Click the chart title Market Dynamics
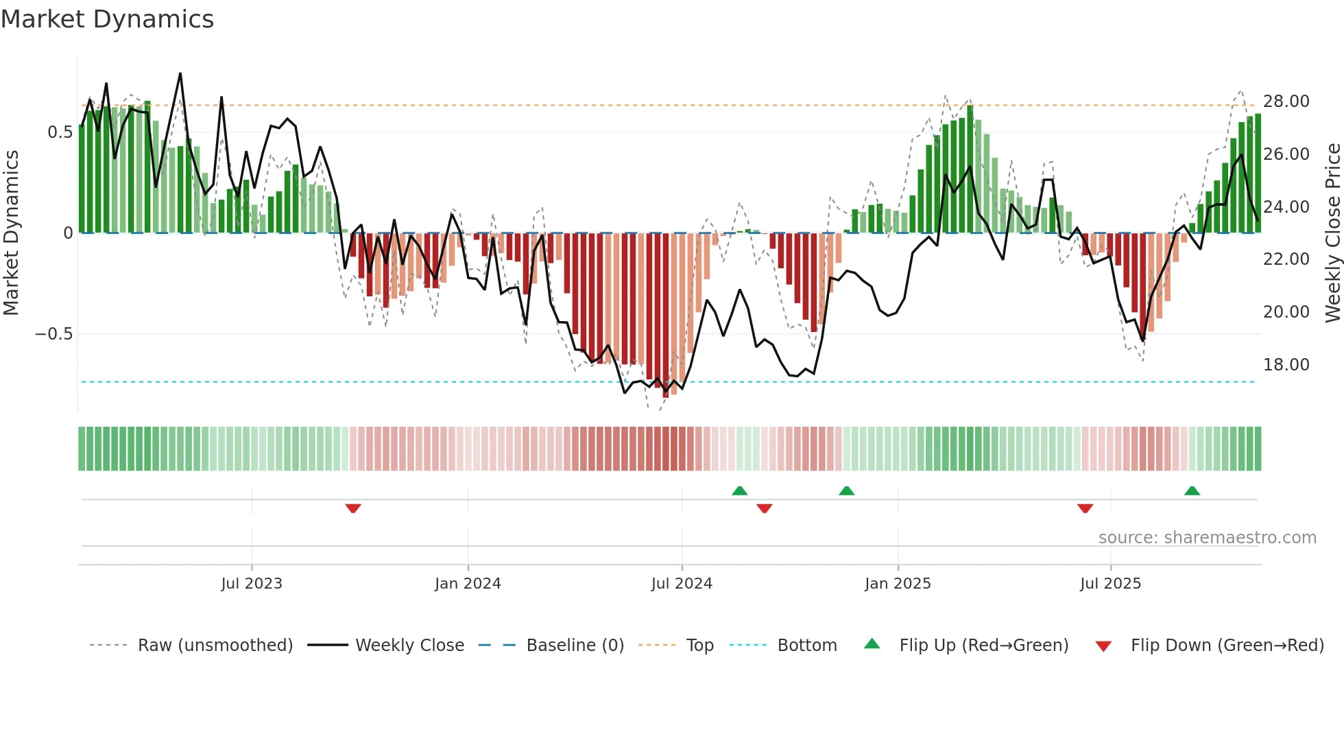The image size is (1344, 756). [x=107, y=19]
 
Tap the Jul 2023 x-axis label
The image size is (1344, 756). [x=252, y=584]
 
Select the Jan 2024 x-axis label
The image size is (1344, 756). [x=468, y=584]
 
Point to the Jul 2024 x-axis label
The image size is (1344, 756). [x=682, y=584]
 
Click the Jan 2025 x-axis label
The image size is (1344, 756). [x=898, y=584]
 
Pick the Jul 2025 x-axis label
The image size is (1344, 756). [x=1110, y=584]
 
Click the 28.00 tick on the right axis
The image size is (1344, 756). [x=1286, y=102]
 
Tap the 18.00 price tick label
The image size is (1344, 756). [x=1286, y=365]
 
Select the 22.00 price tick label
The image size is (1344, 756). [x=1286, y=259]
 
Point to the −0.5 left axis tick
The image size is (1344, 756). [x=53, y=334]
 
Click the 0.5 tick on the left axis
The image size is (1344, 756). [x=60, y=132]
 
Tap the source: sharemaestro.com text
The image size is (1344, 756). [x=1207, y=538]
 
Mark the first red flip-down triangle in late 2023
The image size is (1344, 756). [x=353, y=508]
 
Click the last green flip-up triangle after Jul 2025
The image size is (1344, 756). [x=1192, y=491]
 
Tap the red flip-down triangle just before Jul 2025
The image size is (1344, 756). [x=1085, y=508]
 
